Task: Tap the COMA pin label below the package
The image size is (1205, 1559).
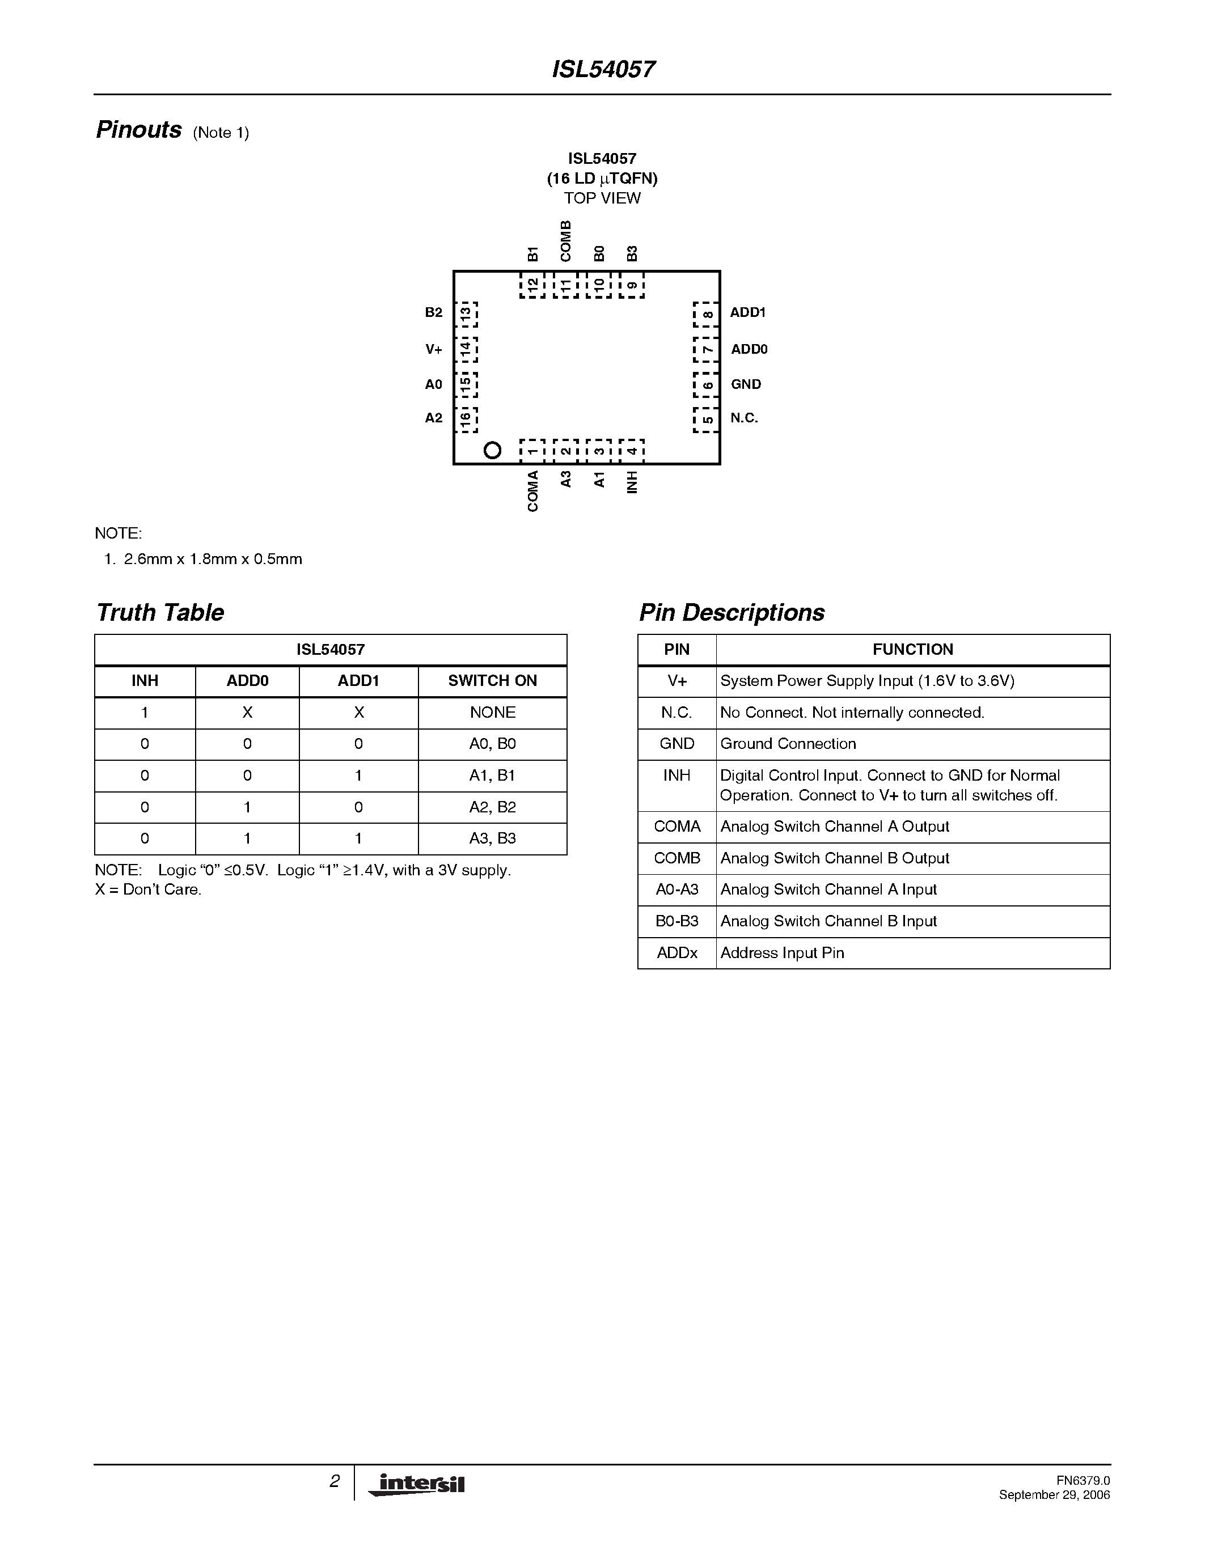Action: tap(532, 491)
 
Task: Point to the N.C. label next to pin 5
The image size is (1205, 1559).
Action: tap(744, 418)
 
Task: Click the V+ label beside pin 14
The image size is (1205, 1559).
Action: tap(434, 349)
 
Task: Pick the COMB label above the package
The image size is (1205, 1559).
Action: tap(565, 242)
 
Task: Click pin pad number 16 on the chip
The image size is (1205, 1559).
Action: tap(466, 420)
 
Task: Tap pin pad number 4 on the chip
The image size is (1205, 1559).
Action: tap(632, 451)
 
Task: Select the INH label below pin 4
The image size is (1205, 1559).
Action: tap(632, 482)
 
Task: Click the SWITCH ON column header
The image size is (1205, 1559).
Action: tap(493, 681)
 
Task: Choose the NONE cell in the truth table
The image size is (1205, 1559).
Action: tap(493, 713)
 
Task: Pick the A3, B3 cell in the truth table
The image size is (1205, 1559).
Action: tap(493, 839)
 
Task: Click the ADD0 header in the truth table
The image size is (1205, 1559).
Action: tap(247, 681)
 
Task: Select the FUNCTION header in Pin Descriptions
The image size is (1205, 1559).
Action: tap(912, 650)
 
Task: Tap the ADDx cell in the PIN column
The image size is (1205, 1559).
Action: tap(677, 953)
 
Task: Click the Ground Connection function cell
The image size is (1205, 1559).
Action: tap(788, 744)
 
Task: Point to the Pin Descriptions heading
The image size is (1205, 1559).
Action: tap(732, 612)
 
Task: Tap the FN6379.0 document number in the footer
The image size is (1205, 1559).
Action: tap(1083, 1480)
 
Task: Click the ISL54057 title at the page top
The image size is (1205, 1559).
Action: tap(603, 69)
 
